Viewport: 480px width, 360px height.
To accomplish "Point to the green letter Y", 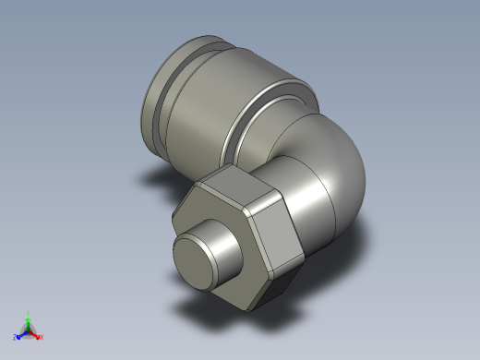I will pyautogui.click(x=29, y=313).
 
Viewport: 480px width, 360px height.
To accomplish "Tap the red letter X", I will pyautogui.click(x=42, y=338).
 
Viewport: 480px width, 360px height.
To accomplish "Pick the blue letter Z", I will pyautogui.click(x=16, y=338).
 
